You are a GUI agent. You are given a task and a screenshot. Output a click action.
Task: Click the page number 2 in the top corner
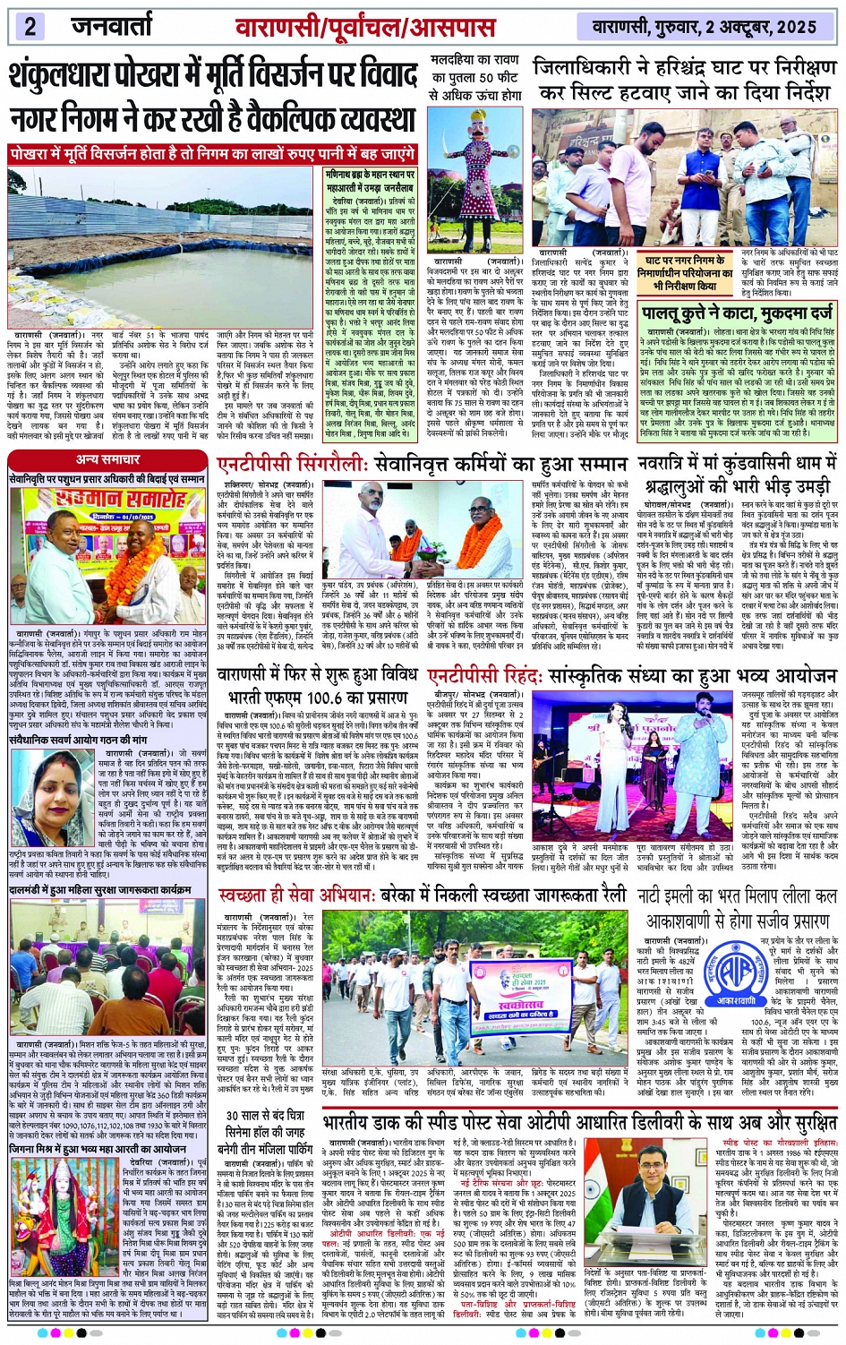click(x=30, y=26)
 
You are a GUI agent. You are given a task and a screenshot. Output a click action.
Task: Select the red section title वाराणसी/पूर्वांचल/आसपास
click(x=365, y=27)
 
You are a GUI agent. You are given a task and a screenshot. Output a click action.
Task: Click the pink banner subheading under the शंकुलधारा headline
click(x=213, y=154)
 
